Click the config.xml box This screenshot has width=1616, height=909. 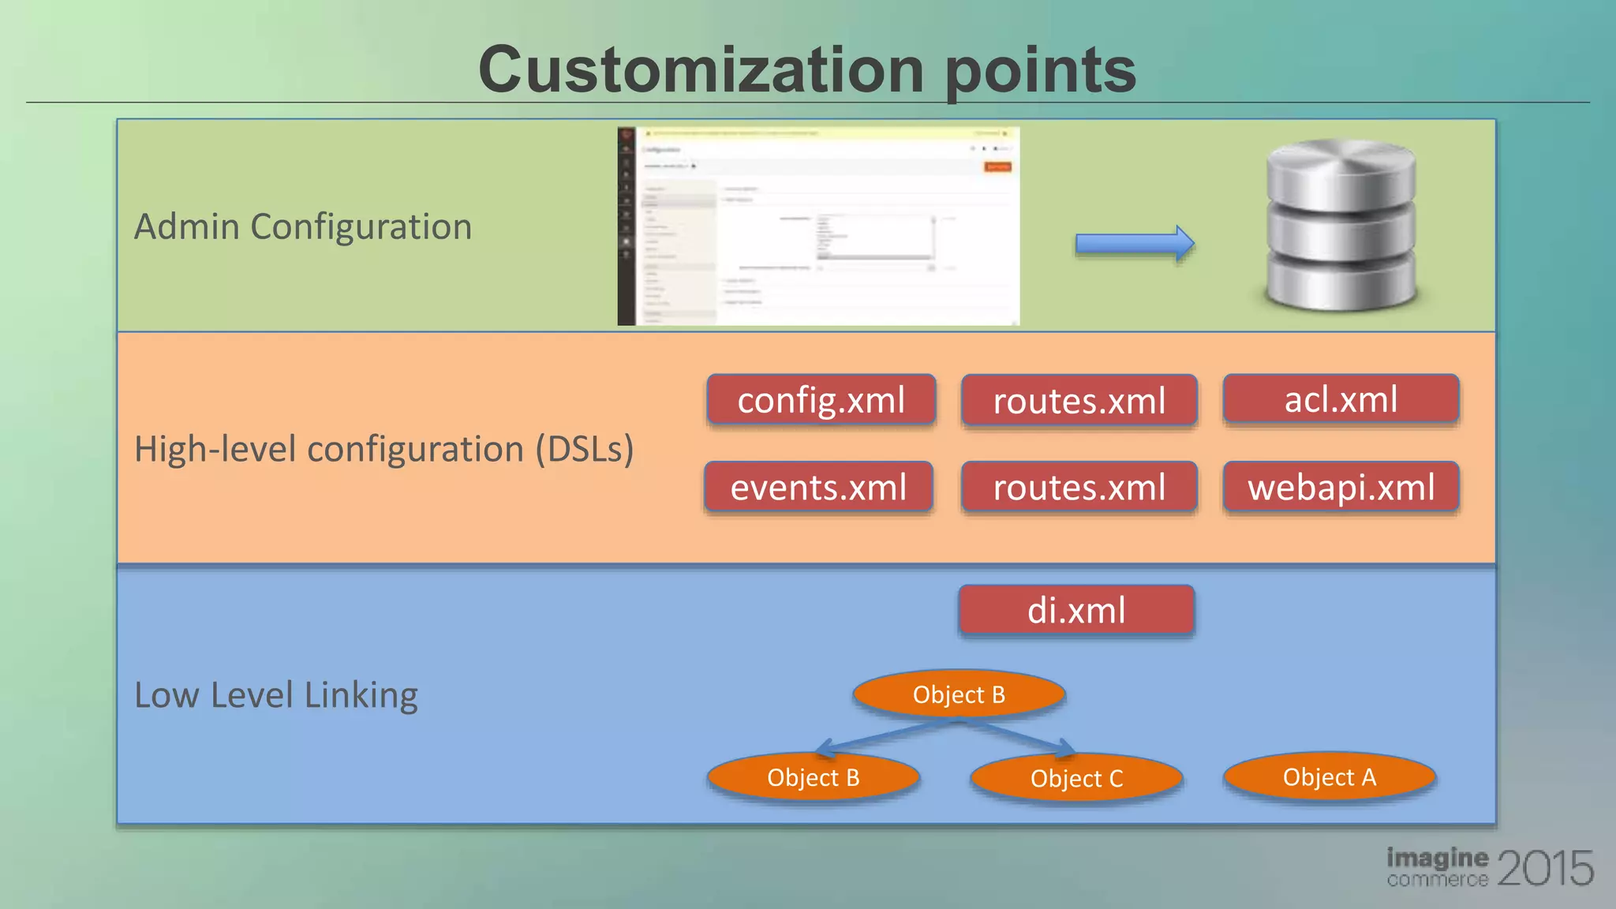coord(821,400)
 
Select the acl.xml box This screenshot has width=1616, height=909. coord(1341,398)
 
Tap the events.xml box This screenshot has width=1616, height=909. coord(818,487)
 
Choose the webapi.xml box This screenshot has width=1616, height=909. coord(1341,487)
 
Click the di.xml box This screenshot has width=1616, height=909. coord(1076,610)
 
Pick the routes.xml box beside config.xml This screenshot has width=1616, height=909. coord(1079,401)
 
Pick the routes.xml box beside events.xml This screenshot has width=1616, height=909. coord(1079,487)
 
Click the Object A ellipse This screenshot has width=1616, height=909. coord(1329,776)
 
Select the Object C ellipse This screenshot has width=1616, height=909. coord(1076,778)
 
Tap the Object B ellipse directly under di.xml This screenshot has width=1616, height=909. coord(959,694)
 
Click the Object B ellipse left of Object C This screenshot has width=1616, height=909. coord(813,777)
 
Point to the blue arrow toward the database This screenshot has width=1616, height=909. coord(1134,244)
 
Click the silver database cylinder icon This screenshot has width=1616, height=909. coord(1341,225)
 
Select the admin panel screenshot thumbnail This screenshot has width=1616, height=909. coord(818,226)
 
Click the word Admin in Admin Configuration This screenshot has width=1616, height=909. coord(186,226)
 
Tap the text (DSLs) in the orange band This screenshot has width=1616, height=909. coord(584,450)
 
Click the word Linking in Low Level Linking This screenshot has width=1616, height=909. coord(361,695)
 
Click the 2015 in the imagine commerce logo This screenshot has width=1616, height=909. coord(1544,868)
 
